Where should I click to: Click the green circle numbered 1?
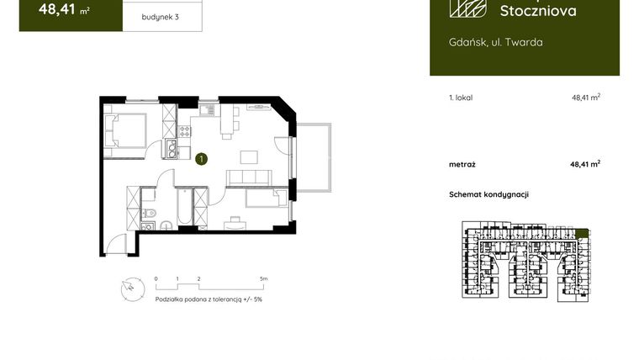tap(201, 157)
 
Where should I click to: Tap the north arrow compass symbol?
tap(129, 287)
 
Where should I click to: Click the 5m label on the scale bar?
tap(263, 278)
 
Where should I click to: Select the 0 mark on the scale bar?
tap(156, 278)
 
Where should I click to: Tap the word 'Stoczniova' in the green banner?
tap(538, 11)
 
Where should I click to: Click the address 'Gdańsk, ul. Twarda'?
tap(490, 42)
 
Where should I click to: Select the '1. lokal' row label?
tap(461, 98)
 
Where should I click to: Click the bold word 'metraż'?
tap(462, 164)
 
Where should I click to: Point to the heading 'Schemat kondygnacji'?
tap(488, 194)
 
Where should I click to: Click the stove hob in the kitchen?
tap(184, 130)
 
